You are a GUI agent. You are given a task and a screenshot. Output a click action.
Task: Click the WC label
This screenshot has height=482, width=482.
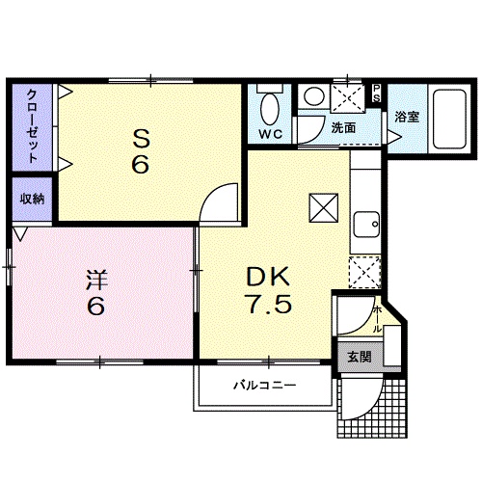coord(271,134)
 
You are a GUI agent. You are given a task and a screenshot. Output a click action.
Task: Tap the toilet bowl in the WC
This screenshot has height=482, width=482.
coord(269,109)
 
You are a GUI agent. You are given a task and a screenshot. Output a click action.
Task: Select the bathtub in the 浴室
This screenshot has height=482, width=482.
coord(449,119)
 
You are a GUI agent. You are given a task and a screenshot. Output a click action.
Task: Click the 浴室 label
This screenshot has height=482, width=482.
coord(407,117)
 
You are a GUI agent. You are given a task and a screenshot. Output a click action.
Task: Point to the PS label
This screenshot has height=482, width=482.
coord(376,93)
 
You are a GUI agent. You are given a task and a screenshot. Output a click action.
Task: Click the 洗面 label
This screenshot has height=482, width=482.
coord(343,128)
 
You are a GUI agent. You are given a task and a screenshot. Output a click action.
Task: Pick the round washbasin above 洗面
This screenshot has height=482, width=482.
coord(314,96)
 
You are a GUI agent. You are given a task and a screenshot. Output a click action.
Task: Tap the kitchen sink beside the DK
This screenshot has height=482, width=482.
coord(366,225)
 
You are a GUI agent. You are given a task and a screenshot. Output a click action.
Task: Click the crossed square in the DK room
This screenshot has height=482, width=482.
coord(324,208)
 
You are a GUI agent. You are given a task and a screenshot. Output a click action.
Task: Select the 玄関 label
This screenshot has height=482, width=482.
coord(360,357)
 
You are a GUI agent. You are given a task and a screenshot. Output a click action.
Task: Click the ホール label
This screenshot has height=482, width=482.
coord(377,319)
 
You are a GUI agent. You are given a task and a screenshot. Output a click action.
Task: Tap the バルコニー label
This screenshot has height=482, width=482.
coord(264,385)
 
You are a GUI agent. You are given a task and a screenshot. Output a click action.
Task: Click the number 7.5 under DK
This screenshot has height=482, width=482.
coord(268,304)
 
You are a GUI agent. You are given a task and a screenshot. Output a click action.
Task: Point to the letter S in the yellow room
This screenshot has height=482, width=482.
coord(141,139)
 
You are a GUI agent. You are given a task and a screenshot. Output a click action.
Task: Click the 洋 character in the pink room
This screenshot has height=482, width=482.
coord(96,281)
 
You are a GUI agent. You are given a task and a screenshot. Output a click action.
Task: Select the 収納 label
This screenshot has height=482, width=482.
coord(32,199)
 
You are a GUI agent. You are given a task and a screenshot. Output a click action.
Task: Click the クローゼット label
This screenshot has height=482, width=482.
coord(32,126)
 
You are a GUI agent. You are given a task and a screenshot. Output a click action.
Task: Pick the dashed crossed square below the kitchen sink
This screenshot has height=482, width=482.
coord(364,273)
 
